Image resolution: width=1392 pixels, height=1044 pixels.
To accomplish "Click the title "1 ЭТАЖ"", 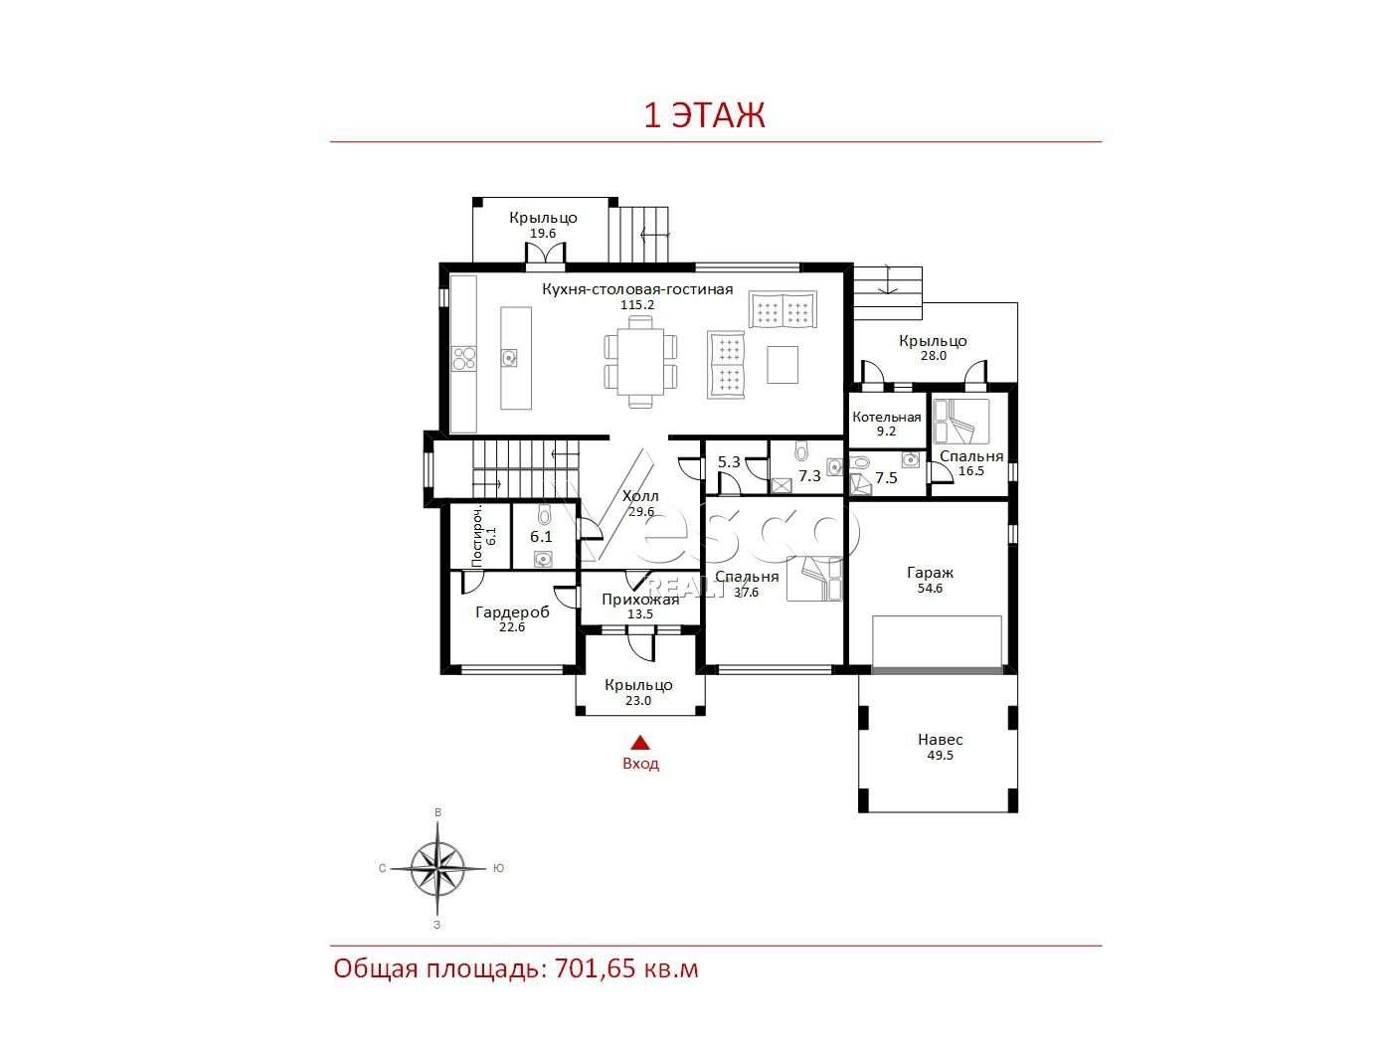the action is (704, 115).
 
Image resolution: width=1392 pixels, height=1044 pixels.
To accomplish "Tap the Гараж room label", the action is (930, 573).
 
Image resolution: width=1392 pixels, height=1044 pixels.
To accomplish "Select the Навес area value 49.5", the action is (940, 755).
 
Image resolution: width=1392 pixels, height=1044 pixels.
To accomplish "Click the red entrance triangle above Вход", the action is (640, 743).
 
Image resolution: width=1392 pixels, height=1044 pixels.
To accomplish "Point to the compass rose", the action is (437, 868).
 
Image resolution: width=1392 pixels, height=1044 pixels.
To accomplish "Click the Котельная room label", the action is (886, 417).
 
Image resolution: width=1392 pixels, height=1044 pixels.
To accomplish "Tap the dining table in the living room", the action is (640, 361).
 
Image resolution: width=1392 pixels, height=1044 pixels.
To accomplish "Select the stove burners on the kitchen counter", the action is (463, 358).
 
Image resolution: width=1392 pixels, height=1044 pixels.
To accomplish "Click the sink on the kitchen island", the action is (509, 358).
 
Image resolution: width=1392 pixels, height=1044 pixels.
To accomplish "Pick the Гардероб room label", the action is (512, 611).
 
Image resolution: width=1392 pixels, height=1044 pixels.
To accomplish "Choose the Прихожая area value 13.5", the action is (640, 613).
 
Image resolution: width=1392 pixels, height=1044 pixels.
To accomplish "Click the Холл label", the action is (640, 496).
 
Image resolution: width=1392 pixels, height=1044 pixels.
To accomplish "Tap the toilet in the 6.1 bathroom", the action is (544, 514).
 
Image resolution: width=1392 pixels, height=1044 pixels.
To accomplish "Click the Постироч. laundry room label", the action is (477, 536).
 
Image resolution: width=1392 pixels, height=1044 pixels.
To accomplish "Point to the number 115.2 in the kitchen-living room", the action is (636, 304).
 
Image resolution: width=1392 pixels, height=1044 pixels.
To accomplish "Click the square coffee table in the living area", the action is (782, 364).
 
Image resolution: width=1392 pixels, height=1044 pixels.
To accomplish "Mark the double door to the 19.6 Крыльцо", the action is (545, 254).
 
